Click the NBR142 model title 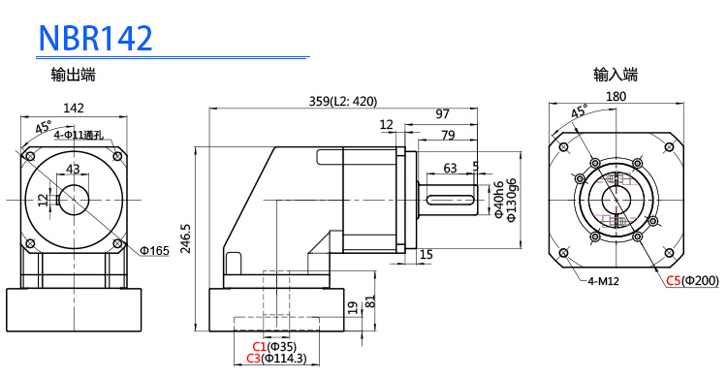pyautogui.click(x=96, y=38)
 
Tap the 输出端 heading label pyautogui.click(x=74, y=75)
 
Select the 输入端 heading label pyautogui.click(x=616, y=75)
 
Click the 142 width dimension pyautogui.click(x=74, y=108)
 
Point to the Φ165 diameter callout pyautogui.click(x=155, y=251)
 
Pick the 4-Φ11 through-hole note pyautogui.click(x=78, y=135)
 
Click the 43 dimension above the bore pyautogui.click(x=73, y=169)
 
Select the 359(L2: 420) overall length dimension pyautogui.click(x=343, y=101)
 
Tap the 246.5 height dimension pyautogui.click(x=186, y=239)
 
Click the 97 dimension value pyautogui.click(x=443, y=114)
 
